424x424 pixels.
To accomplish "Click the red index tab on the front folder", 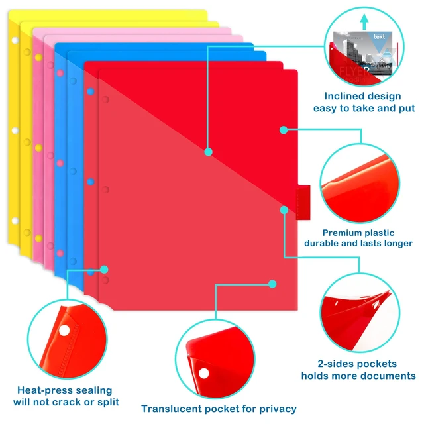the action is (x=303, y=202).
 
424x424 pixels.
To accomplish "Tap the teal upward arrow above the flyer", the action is (x=364, y=22).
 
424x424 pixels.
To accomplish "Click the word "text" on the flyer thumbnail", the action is (x=379, y=36).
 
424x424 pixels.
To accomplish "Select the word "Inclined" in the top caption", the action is (x=342, y=96).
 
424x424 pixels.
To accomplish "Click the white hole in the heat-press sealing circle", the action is (x=64, y=331).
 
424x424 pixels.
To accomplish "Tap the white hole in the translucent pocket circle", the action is (x=204, y=374).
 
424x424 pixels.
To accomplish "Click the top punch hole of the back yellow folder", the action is (x=15, y=40).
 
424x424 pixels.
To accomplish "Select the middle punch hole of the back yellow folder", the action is (x=15, y=131).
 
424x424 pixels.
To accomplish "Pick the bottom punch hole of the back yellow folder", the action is (x=15, y=221).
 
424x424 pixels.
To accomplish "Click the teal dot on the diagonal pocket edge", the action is (x=208, y=152).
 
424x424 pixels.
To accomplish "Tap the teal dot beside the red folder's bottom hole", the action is (x=104, y=270).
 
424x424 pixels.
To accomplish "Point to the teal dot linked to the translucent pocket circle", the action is (x=272, y=284).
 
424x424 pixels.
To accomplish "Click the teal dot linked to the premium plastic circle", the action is (x=284, y=130).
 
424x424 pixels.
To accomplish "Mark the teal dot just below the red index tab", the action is (x=284, y=210).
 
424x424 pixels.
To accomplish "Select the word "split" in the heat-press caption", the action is (x=108, y=402).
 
